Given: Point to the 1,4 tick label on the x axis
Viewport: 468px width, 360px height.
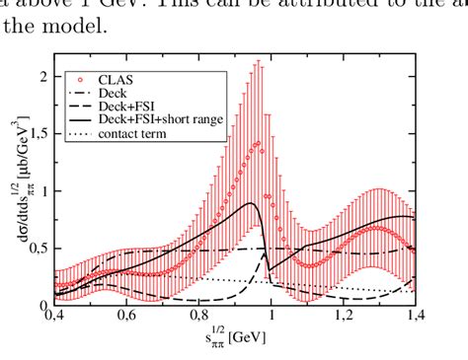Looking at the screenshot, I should [x=415, y=318].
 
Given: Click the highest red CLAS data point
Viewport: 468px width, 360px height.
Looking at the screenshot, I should [x=258, y=144].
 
